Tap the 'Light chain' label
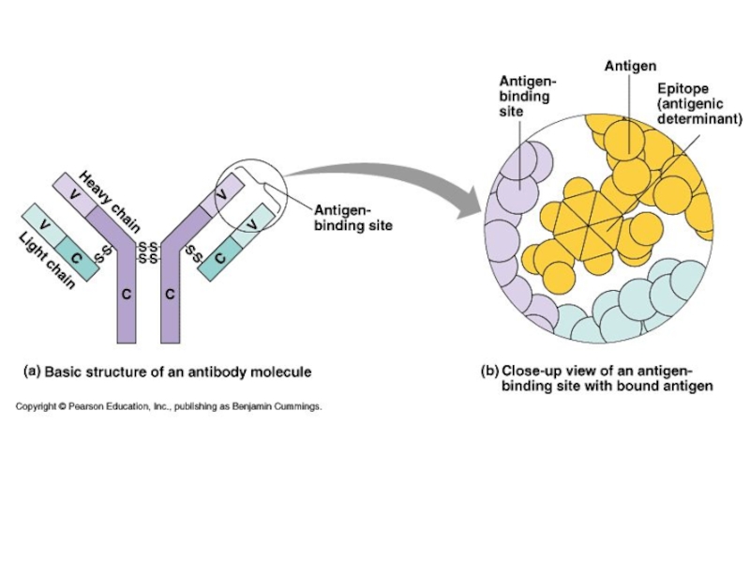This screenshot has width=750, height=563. (47, 260)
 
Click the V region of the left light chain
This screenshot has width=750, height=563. (43, 224)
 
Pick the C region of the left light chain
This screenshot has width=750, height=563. (76, 257)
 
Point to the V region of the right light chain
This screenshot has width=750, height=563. (251, 224)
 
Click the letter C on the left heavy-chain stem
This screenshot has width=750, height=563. (126, 294)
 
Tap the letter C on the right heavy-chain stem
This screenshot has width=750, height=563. (170, 294)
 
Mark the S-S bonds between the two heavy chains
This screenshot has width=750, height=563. (147, 252)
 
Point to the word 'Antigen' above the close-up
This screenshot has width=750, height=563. (630, 67)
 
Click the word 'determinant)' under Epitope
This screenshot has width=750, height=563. (699, 119)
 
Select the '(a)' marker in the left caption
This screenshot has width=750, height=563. (31, 372)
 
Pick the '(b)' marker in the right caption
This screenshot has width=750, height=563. (489, 371)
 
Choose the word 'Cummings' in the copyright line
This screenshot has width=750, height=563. (293, 407)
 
